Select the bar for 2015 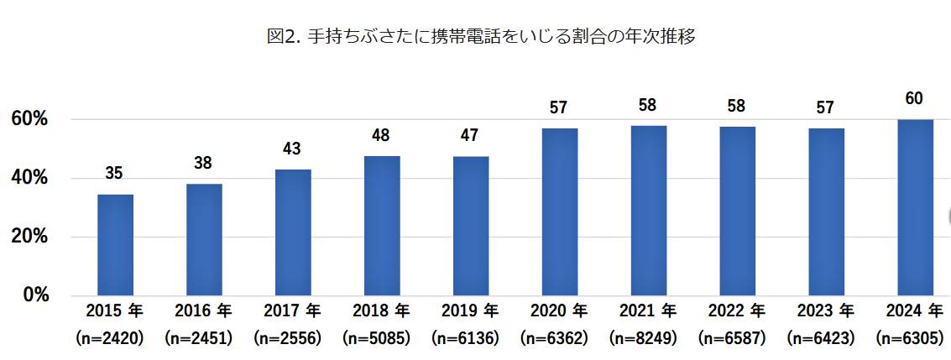coord(115,244)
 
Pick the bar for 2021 coord(649,211)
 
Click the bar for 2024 coord(915,207)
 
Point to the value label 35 coord(115,174)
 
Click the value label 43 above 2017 coord(293,149)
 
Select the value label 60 coord(914,99)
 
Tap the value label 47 coord(471,136)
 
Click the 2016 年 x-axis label coord(204,311)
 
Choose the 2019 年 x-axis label coord(471,311)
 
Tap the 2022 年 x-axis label coord(738,311)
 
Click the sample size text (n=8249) coord(649,340)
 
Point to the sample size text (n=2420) coord(115,340)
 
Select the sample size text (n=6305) coord(915,340)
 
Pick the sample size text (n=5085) coord(382,340)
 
